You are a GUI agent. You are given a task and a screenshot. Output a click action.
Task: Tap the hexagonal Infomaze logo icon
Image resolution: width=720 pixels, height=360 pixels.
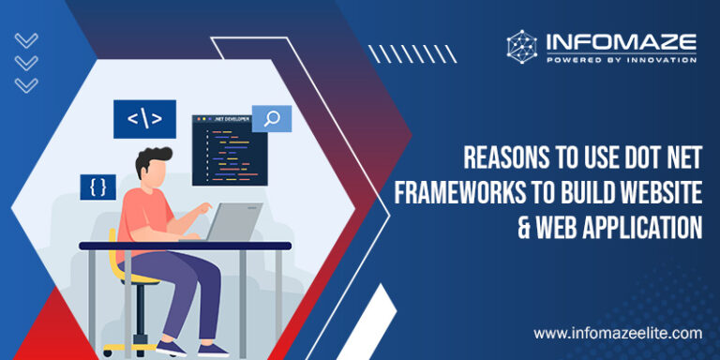click(x=523, y=47)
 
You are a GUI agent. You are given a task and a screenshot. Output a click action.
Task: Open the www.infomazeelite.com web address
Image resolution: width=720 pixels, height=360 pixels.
click(x=618, y=333)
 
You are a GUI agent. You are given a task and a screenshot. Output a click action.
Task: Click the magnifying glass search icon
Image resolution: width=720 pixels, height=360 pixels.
click(x=272, y=118)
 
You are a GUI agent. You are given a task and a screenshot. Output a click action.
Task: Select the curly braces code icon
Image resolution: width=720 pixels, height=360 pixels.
click(x=97, y=186)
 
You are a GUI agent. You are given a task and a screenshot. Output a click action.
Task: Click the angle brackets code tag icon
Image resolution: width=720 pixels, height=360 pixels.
click(x=144, y=119)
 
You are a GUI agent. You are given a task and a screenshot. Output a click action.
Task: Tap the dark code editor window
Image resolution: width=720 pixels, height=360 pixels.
click(x=223, y=150)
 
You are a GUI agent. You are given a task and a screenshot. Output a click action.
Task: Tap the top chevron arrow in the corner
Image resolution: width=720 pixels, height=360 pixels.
click(x=27, y=40)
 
